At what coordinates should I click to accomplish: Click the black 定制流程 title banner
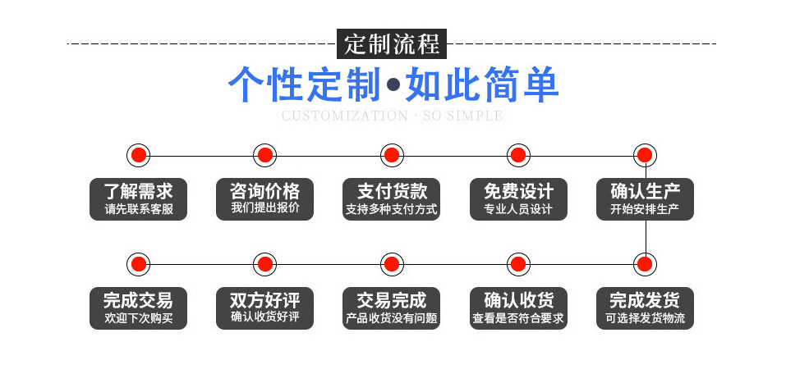[x=392, y=43]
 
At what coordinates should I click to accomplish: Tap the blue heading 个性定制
[x=304, y=84]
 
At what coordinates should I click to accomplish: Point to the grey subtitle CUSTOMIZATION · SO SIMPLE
[x=392, y=116]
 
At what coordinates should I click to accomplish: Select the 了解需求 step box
[x=138, y=199]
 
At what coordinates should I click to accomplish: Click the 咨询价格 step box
[x=264, y=199]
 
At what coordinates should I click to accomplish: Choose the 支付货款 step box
[x=392, y=199]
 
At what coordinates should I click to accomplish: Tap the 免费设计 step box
[x=517, y=199]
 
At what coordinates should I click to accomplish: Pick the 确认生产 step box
[x=645, y=199]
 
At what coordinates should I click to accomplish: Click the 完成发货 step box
[x=645, y=308]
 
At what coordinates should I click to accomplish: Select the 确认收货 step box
[x=517, y=308]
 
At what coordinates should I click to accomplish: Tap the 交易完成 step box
[x=392, y=308]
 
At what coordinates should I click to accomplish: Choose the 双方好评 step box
[x=264, y=308]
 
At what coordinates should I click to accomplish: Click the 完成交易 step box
[x=138, y=308]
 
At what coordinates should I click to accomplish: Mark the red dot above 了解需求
[x=139, y=154]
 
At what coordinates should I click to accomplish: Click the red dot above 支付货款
[x=392, y=154]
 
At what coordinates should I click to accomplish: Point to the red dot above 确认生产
[x=645, y=154]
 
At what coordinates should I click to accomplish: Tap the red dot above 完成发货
[x=645, y=264]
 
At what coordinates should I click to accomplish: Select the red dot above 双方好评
[x=264, y=264]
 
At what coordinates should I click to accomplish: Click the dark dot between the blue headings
[x=393, y=85]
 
